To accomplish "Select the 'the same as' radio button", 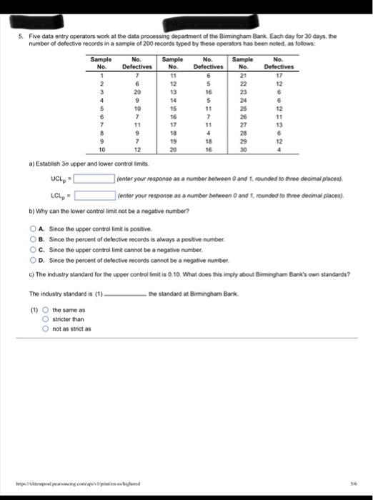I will (x=45, y=311).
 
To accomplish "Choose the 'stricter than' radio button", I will (x=45, y=320).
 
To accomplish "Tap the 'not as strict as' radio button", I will (x=45, y=329).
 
